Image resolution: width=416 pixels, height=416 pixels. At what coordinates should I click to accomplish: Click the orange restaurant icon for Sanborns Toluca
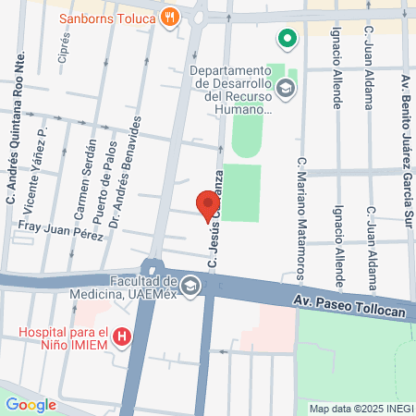point(169,18)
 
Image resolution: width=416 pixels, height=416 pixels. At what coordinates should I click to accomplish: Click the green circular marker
point(287,39)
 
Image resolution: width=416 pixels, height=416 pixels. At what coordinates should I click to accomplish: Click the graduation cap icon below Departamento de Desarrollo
point(287,87)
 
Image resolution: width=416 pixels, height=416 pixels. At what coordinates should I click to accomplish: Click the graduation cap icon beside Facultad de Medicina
point(190,287)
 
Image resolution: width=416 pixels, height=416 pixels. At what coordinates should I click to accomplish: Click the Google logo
point(31,403)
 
